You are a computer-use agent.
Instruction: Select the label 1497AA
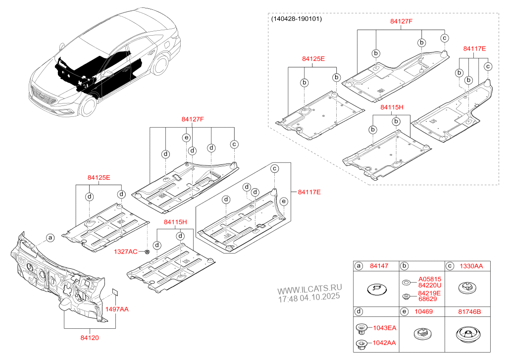116,309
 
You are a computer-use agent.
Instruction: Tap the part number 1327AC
126,252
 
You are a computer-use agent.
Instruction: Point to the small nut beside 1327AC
147,252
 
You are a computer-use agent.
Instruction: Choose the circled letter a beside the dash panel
50,238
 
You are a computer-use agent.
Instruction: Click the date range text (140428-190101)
297,19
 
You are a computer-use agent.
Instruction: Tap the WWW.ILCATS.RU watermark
309,288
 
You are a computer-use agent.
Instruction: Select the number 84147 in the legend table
379,266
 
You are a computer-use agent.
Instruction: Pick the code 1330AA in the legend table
471,266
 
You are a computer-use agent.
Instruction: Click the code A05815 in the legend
429,279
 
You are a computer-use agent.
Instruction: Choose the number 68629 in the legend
427,299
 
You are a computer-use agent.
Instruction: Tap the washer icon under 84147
377,288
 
